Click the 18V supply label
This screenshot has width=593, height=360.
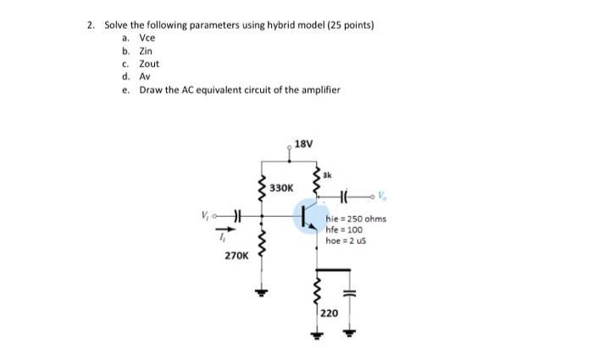(x=303, y=144)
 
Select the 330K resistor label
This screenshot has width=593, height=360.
(x=281, y=187)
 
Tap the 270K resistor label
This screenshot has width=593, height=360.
(x=236, y=253)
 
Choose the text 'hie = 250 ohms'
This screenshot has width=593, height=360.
(x=356, y=219)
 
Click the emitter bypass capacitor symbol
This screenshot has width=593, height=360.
(x=347, y=293)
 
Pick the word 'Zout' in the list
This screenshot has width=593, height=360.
(x=149, y=64)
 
